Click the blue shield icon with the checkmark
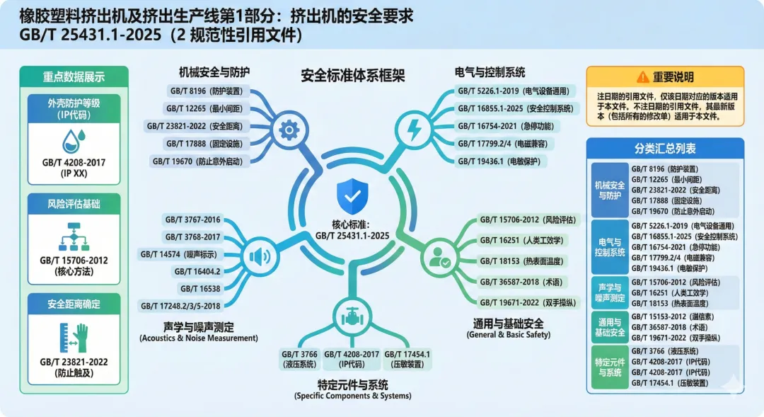tap(352, 192)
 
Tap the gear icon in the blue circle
tap(288, 130)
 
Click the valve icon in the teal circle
tap(351, 316)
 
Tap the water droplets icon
tap(74, 140)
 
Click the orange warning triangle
tap(642, 76)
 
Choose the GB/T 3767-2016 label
tap(192, 220)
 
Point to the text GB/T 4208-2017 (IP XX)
tap(74, 167)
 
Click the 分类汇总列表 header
tap(665, 149)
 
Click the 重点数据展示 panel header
tap(74, 78)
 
